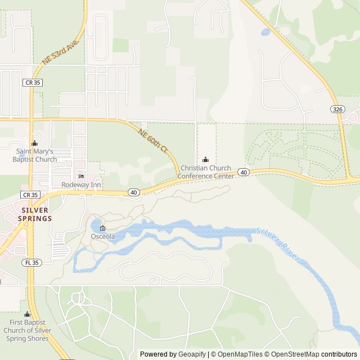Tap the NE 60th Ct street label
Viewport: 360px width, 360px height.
point(153,141)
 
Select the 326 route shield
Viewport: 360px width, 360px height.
point(337,109)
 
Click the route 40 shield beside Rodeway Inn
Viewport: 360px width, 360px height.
point(133,192)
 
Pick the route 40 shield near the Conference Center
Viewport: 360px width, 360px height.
point(243,172)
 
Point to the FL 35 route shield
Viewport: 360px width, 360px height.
point(31,263)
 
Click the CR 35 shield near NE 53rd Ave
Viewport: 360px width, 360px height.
point(33,82)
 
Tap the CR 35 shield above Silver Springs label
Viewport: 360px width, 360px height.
point(31,194)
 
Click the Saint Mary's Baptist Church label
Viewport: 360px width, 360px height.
point(35,155)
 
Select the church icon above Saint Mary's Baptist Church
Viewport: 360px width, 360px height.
point(34,143)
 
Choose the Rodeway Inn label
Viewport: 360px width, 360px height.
point(82,185)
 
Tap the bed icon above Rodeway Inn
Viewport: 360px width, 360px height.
point(82,176)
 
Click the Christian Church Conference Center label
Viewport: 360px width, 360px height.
point(205,172)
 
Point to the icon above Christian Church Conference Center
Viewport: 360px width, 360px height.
point(205,160)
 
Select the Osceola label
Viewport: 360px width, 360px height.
point(103,237)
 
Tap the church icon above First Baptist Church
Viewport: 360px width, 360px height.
point(27,314)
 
